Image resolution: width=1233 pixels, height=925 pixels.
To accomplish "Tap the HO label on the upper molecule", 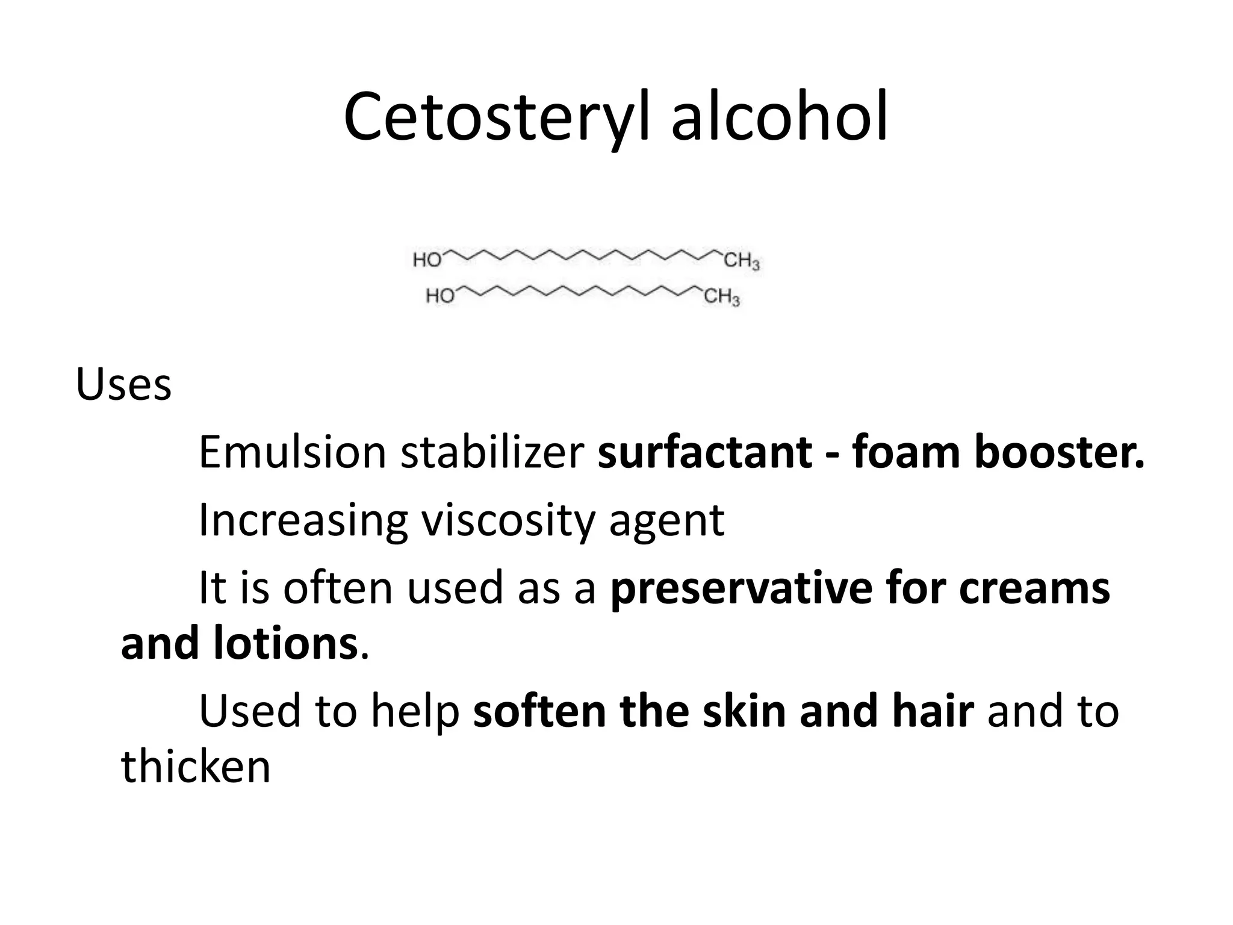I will coord(427,260).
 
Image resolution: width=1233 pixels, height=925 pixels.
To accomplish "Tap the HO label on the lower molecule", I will coord(440,296).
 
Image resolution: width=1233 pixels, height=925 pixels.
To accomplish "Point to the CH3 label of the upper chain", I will coord(741,261).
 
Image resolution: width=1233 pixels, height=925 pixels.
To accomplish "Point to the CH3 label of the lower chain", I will coord(721,297).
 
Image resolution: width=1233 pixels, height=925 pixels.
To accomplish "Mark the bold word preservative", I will coord(741,589).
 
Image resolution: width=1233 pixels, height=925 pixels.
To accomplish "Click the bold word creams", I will coord(1034,589).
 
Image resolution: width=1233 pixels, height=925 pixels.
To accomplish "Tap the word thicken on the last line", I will coord(196,767).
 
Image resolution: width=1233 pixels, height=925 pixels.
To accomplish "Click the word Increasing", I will coord(303,521).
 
